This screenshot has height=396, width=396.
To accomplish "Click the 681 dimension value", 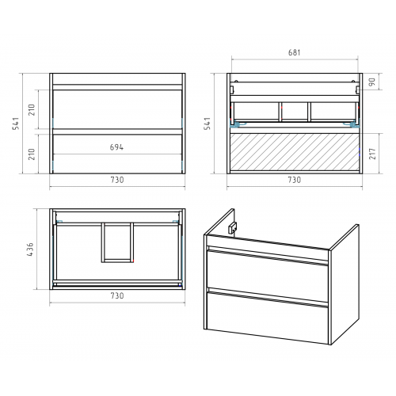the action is [x=294, y=52].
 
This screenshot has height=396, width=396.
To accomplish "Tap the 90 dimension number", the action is [x=372, y=82].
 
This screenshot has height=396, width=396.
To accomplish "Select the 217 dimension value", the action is [x=372, y=154].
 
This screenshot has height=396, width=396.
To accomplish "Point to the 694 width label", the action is [x=116, y=147].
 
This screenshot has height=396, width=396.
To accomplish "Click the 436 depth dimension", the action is [x=30, y=249].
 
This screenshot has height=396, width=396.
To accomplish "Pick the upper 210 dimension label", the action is [x=32, y=109].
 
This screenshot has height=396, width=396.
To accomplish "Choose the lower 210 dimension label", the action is [x=32, y=154].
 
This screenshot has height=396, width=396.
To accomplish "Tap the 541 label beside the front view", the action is [x=16, y=124].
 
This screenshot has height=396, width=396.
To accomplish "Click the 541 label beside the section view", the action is [x=208, y=124].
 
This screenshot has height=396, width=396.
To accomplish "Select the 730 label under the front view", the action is [x=117, y=180].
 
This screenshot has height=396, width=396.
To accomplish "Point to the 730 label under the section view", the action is [x=294, y=180].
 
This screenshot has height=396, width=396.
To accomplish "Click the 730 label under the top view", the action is [x=117, y=295].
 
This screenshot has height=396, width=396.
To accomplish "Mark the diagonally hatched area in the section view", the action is [x=295, y=152].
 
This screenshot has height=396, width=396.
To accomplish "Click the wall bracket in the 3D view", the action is [x=232, y=228].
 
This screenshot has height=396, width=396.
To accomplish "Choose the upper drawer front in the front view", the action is [x=117, y=109].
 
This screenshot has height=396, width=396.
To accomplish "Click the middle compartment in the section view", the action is [x=295, y=112].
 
